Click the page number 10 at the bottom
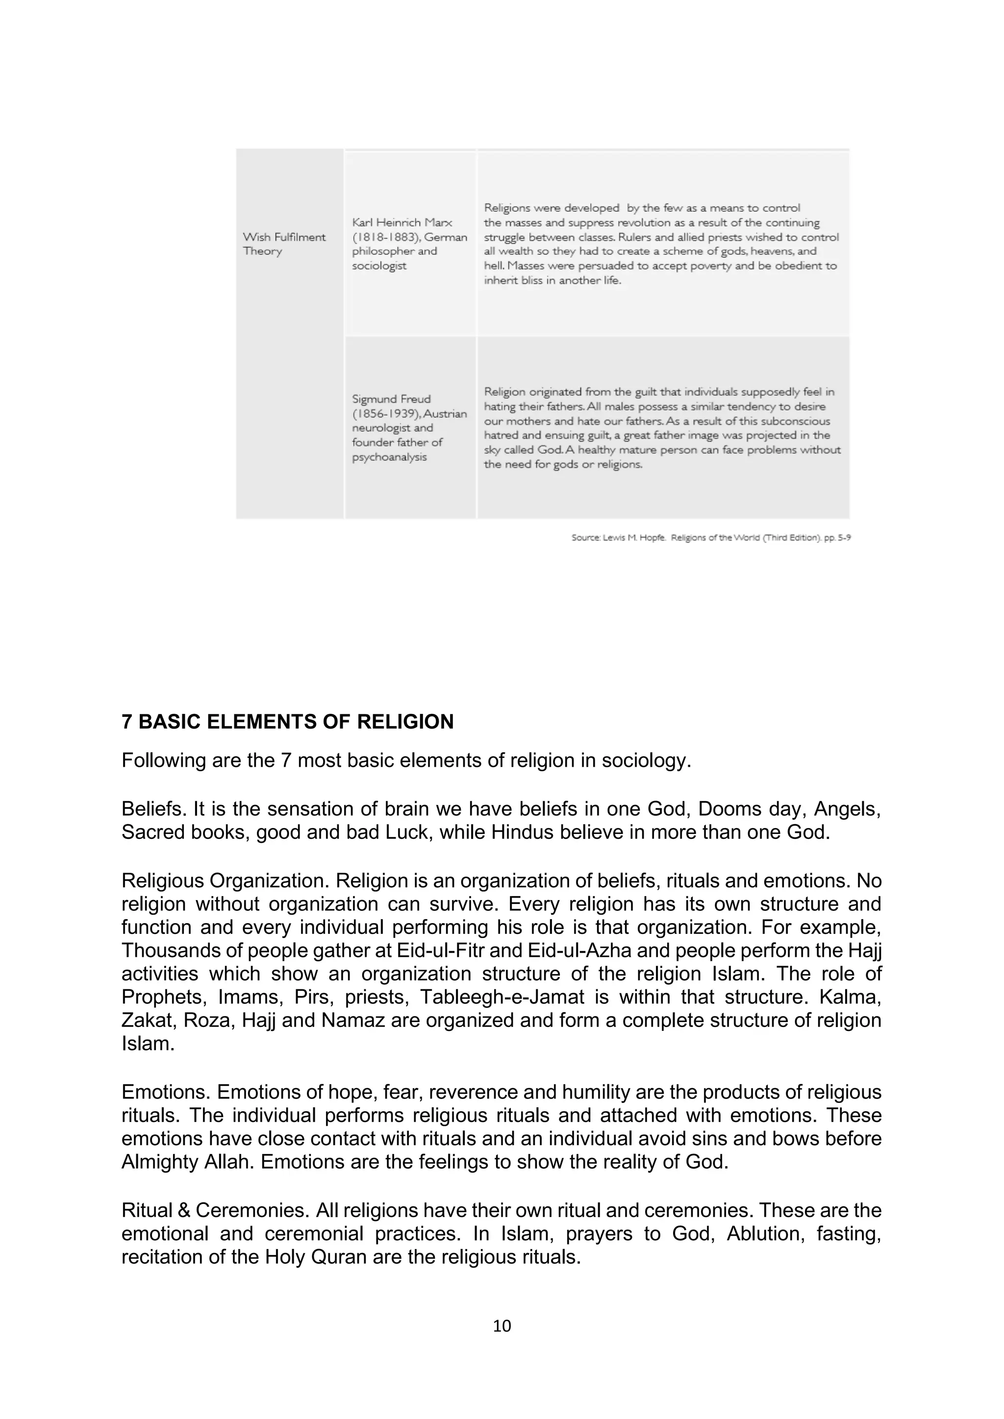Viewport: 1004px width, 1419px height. pyautogui.click(x=502, y=1326)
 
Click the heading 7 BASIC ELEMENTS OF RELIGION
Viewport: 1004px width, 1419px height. pyautogui.click(x=287, y=722)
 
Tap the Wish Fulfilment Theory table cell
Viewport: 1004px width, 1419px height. pyautogui.click(x=284, y=244)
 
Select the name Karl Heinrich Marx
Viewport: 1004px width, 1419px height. pyautogui.click(x=402, y=222)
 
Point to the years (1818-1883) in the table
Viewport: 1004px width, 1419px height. pyautogui.click(x=379, y=237)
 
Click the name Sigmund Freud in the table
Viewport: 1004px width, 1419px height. pyautogui.click(x=391, y=399)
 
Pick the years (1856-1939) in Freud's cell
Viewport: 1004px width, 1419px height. pyautogui.click(x=379, y=414)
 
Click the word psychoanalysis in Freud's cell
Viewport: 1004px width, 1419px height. pyautogui.click(x=389, y=457)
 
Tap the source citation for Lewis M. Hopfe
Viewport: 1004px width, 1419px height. pyautogui.click(x=710, y=538)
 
